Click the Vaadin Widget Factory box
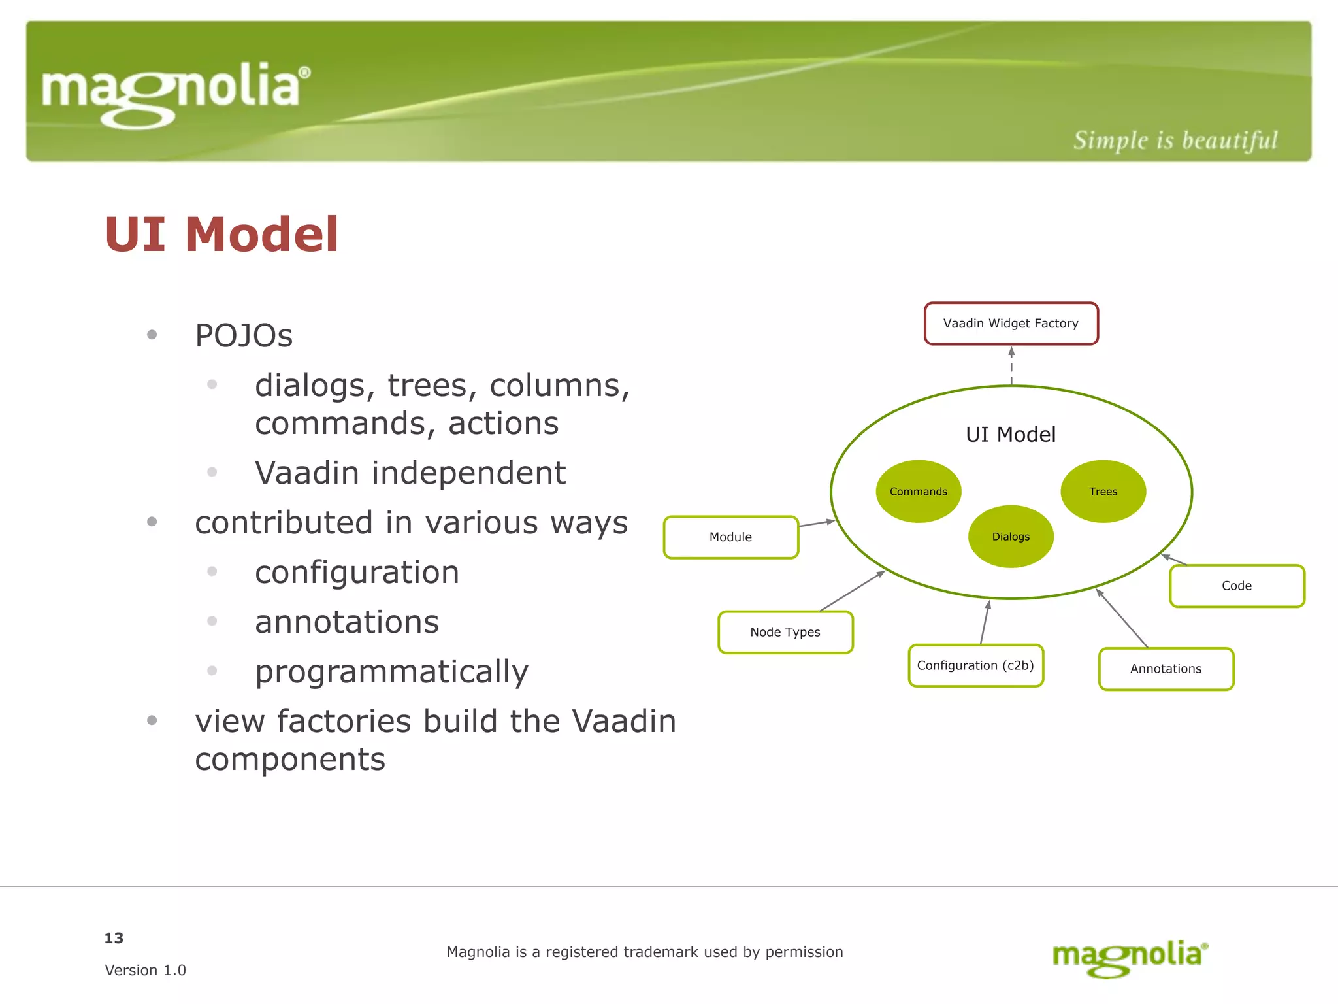coord(1011,323)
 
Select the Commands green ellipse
coord(918,492)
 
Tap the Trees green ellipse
coord(1103,492)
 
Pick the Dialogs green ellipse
coord(1011,537)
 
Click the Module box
coord(730,537)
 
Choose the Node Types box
coord(785,632)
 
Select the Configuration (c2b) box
coord(975,665)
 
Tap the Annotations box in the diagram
coord(1166,669)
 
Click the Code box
coord(1237,586)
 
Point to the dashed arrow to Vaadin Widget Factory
coord(1011,366)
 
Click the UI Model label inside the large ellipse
coord(1011,435)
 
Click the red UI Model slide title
coord(221,234)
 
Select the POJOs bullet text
coord(244,335)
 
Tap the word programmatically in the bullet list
coord(391,671)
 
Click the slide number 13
coord(114,938)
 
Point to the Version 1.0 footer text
coord(145,970)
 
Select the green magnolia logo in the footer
coord(1130,958)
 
